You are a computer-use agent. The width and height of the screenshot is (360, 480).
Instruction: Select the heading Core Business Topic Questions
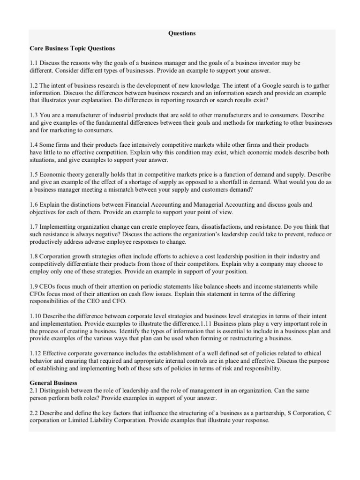pos(72,48)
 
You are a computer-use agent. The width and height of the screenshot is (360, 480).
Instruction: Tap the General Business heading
pos(53,383)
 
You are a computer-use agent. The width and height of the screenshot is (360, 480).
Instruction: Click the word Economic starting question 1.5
pos(54,174)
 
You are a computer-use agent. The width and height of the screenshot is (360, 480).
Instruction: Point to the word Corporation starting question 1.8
pos(57,256)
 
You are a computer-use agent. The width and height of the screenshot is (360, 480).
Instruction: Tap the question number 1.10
pos(36,316)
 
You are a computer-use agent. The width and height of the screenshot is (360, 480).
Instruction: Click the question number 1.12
pos(36,353)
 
